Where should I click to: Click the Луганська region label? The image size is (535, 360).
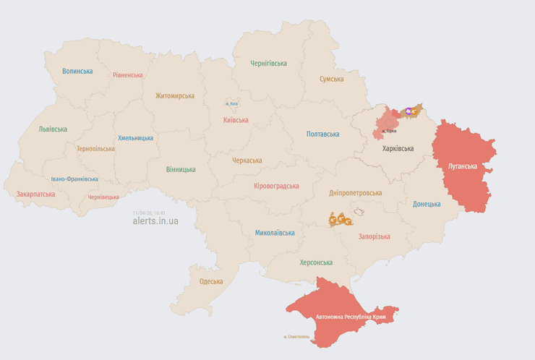pyautogui.click(x=463, y=166)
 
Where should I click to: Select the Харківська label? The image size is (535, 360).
pyautogui.click(x=398, y=148)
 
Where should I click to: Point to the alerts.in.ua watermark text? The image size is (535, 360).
pyautogui.click(x=155, y=221)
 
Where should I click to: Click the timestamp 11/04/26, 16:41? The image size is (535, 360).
pyautogui.click(x=149, y=213)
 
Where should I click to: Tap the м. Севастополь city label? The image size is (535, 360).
pyautogui.click(x=296, y=337)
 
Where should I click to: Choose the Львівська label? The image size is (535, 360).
pyautogui.click(x=53, y=129)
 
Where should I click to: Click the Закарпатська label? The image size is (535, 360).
pyautogui.click(x=35, y=194)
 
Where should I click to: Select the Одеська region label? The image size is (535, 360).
pyautogui.click(x=211, y=281)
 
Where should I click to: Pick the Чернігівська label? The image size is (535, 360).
pyautogui.click(x=269, y=64)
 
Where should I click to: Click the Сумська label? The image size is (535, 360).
pyautogui.click(x=332, y=79)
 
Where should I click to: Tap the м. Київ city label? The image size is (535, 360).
pyautogui.click(x=231, y=104)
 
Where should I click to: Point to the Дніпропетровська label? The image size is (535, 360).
pyautogui.click(x=356, y=193)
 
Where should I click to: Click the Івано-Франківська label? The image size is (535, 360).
pyautogui.click(x=74, y=179)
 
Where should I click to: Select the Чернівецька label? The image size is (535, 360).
pyautogui.click(x=103, y=197)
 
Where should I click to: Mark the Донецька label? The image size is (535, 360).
pyautogui.click(x=427, y=204)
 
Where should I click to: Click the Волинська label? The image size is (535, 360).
pyautogui.click(x=77, y=71)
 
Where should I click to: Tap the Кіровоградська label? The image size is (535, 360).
pyautogui.click(x=276, y=186)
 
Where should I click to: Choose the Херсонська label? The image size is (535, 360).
pyautogui.click(x=316, y=262)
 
